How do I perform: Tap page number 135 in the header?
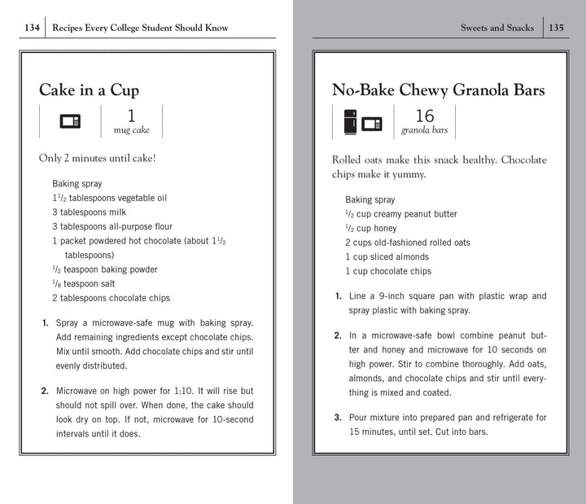tap(557, 28)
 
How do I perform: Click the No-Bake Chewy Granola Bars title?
tap(438, 90)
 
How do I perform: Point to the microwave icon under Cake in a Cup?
tap(71, 121)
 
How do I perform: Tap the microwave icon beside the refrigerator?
tap(372, 123)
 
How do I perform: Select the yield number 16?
tap(425, 116)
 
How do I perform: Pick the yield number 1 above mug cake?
tap(132, 116)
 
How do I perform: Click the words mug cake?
tap(132, 129)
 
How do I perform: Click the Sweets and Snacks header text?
tap(496, 28)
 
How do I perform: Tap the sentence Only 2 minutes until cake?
tap(97, 158)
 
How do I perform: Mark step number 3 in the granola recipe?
tap(338, 418)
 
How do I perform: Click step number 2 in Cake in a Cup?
tap(46, 391)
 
